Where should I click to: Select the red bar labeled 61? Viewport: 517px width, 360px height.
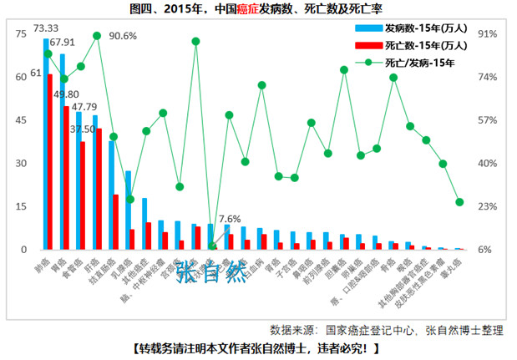pyautogui.click(x=51, y=162)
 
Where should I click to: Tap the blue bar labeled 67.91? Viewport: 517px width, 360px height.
pyautogui.click(x=62, y=151)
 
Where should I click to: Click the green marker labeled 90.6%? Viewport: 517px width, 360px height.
pyautogui.click(x=97, y=36)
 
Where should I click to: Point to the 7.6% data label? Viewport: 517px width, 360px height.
pyautogui.click(x=229, y=219)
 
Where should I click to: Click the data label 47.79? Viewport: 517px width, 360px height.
pyautogui.click(x=85, y=107)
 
